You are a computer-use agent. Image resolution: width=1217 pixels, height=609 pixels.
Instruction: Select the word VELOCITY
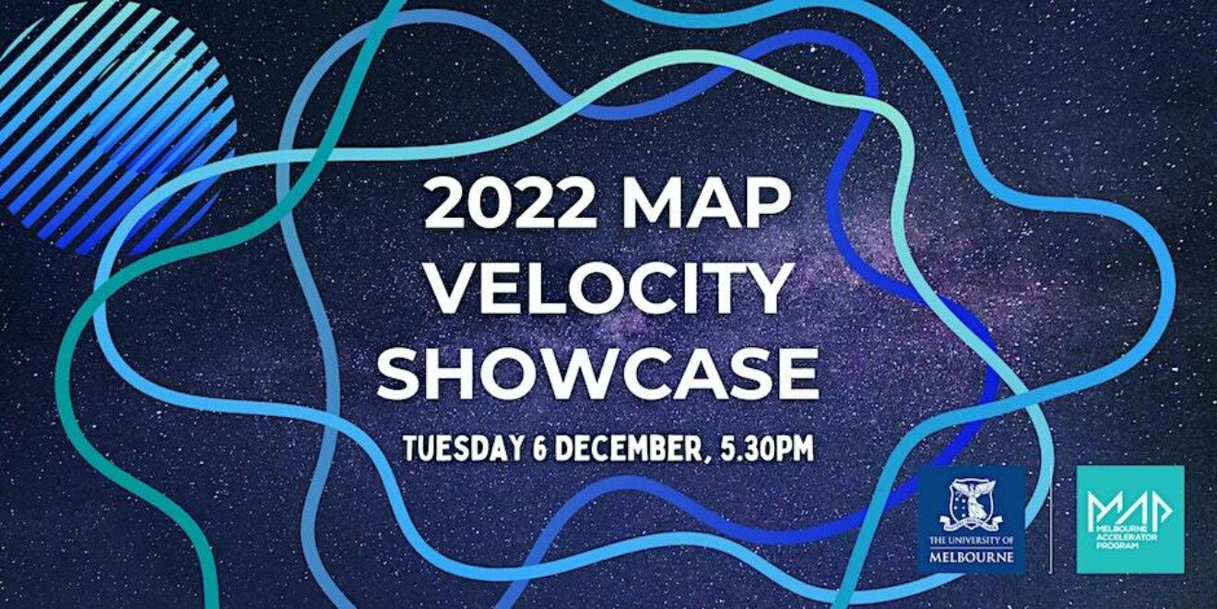pos(608,289)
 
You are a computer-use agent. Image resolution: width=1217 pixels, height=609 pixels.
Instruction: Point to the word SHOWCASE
pos(597,373)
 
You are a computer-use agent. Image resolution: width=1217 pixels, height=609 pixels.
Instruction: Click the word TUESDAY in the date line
pos(464,448)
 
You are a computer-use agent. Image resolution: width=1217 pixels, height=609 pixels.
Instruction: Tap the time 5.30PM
pos(766,448)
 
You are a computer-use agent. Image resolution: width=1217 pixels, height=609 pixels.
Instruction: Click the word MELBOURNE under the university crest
pos(972,557)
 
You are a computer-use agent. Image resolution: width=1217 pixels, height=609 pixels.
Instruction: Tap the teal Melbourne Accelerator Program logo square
pos(1130,519)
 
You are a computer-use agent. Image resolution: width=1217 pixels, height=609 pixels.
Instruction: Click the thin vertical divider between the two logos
pos(1051,519)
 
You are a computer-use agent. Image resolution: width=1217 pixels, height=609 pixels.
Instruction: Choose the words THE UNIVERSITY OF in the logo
pos(972,541)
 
